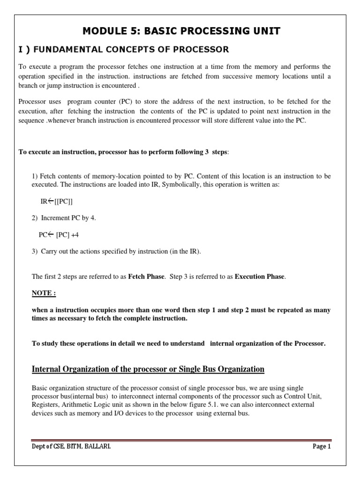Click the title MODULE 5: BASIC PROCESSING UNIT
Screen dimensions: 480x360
[x=181, y=31]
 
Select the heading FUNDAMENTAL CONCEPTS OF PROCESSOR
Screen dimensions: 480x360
[x=123, y=49]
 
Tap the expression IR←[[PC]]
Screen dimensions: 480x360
[x=56, y=201]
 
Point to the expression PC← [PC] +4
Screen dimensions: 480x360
[x=55, y=234]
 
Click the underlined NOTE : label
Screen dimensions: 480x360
[x=44, y=293]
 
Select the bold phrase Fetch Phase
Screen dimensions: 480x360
[x=146, y=277]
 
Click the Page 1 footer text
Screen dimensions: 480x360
[x=322, y=447]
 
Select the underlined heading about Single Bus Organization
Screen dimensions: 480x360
[x=148, y=369]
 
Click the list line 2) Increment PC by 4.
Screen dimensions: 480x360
[x=64, y=218]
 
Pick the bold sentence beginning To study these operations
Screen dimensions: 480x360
[x=178, y=344]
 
